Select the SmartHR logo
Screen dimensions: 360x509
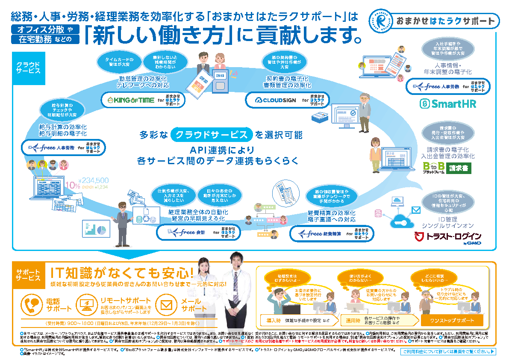point(447,104)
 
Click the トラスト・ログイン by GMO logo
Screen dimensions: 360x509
point(448,238)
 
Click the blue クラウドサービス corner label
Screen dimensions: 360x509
point(28,68)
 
